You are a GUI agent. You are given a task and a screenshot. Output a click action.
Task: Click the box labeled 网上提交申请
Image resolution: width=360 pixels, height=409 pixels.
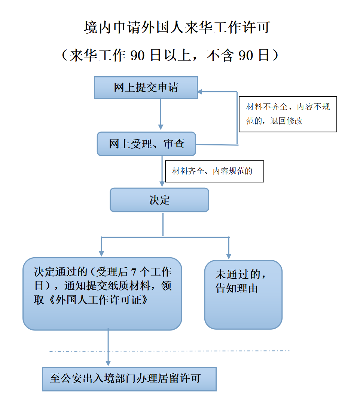click(x=146, y=87)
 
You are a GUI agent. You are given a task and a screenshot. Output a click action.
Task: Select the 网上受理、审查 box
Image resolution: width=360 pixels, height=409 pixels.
click(x=146, y=144)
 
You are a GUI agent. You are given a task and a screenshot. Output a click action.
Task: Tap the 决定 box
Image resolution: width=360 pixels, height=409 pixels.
click(x=159, y=200)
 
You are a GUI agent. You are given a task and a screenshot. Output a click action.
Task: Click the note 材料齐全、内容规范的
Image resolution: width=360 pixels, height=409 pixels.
click(x=214, y=172)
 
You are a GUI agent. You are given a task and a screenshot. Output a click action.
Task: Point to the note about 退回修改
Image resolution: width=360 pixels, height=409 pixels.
click(x=288, y=114)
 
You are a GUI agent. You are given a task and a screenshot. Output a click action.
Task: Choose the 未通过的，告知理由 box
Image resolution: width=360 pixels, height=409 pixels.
click(x=243, y=294)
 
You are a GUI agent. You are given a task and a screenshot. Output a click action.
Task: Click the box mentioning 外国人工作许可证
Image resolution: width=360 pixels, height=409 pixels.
click(x=102, y=293)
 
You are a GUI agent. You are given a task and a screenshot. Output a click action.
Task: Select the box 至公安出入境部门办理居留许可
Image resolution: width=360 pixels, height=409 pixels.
click(x=129, y=379)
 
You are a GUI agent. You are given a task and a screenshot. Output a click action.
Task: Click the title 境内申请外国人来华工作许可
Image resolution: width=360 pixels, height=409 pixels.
click(x=177, y=28)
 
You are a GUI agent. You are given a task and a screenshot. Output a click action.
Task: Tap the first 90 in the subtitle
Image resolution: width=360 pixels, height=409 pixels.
click(x=137, y=55)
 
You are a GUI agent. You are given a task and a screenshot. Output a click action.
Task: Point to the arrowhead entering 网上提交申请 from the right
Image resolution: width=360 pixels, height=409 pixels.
click(x=200, y=92)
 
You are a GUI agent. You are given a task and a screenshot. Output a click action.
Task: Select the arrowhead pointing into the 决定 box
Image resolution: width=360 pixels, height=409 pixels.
click(x=162, y=184)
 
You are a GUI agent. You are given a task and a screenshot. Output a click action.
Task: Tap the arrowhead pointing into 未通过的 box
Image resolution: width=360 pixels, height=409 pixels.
click(x=229, y=256)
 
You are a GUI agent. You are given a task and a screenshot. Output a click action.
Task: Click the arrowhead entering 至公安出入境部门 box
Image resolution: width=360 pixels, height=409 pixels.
click(x=108, y=363)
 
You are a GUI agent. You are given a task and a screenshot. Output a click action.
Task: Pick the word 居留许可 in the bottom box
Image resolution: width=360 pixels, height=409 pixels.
click(x=186, y=379)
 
